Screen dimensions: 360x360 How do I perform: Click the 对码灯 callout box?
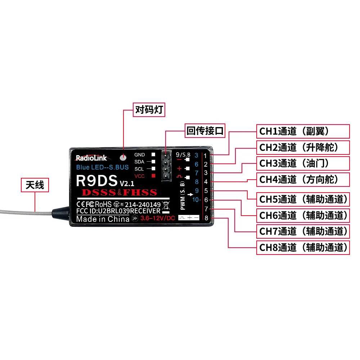click(x=149, y=110)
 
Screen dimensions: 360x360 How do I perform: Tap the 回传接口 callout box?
click(x=205, y=131)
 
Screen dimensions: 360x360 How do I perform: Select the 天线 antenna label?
click(x=35, y=185)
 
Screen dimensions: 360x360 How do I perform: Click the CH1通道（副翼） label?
click(x=303, y=131)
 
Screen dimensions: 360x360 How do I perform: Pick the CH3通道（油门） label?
click(x=303, y=163)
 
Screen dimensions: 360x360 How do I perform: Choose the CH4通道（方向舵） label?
click(x=303, y=180)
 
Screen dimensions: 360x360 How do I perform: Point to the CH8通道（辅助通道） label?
click(x=303, y=248)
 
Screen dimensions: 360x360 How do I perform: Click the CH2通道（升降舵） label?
click(x=303, y=147)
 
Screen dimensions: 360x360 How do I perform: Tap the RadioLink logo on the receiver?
click(x=92, y=158)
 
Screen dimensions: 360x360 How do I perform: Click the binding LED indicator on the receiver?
click(x=123, y=158)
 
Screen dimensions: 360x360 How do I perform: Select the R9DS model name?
click(x=96, y=181)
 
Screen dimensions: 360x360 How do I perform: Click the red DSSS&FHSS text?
click(x=120, y=192)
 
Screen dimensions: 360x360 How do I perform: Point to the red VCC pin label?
click(x=139, y=176)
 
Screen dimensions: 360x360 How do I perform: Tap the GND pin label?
click(x=140, y=155)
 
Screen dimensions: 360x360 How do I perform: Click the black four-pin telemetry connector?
click(x=166, y=166)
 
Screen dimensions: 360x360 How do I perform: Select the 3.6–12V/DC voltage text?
click(x=158, y=218)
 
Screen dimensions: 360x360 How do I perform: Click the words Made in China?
click(x=103, y=219)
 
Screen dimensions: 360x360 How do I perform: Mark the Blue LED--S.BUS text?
click(x=102, y=167)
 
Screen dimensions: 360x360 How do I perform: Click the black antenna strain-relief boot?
click(x=60, y=213)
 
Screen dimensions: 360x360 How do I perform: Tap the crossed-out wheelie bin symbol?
click(x=166, y=205)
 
